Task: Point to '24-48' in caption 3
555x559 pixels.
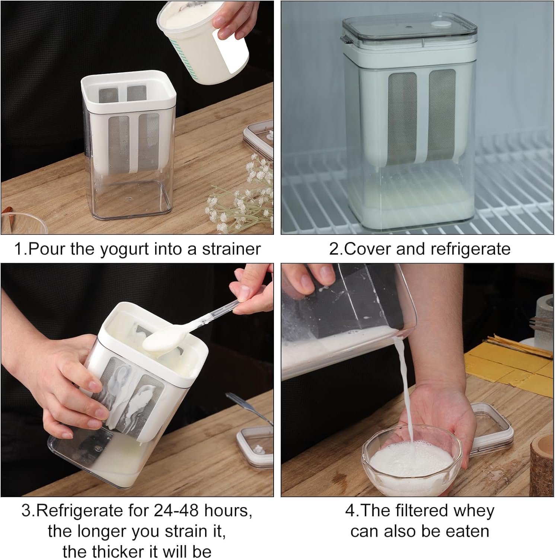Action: click(x=175, y=511)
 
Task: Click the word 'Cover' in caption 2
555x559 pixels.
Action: click(x=368, y=249)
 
